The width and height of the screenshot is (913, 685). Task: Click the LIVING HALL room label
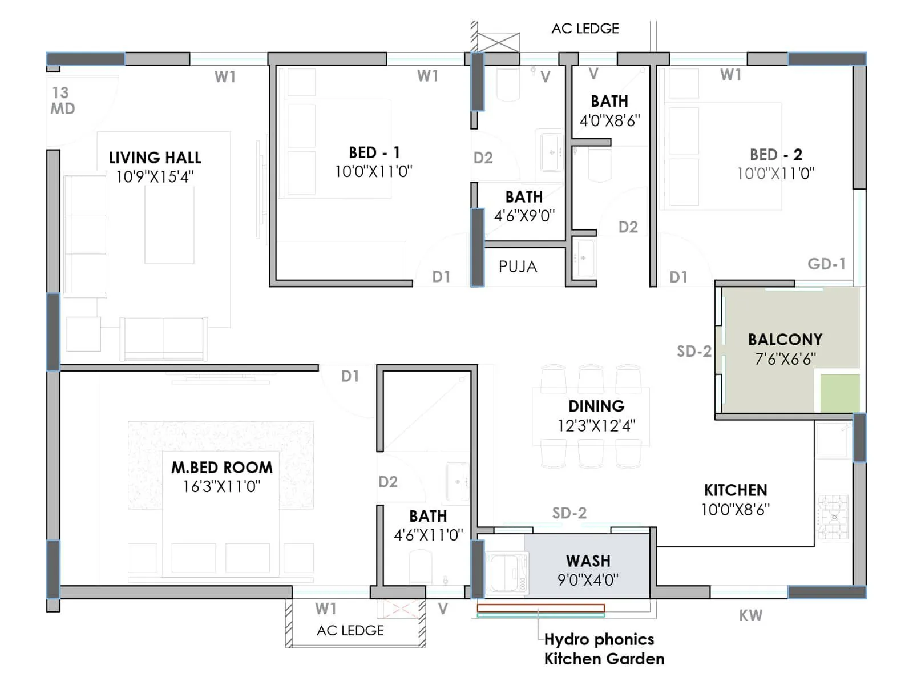coord(155,158)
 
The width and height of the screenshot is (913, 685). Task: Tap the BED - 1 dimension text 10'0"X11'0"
coord(373,171)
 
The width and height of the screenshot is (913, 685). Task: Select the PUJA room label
coord(518,267)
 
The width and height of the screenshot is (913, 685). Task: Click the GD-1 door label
coord(826,264)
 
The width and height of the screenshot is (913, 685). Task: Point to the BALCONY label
coord(785,340)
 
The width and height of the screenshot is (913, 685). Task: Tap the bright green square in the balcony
coord(839,393)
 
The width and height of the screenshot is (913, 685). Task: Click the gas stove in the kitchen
coord(834,517)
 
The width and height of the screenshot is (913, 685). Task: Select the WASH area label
coord(588,561)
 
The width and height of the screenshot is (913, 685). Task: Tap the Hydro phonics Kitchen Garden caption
coord(603,649)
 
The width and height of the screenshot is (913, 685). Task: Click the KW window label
coord(750,615)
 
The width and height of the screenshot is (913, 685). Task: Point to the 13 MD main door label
coord(62,100)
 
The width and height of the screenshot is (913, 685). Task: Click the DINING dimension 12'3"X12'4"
coord(596,425)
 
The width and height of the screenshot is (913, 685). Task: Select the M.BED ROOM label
coord(222,468)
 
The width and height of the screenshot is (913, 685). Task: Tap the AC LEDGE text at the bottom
coord(350,630)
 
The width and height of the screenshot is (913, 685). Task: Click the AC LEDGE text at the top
coord(585,29)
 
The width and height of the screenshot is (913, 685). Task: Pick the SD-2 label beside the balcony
coord(694,351)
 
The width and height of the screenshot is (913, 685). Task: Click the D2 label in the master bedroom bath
coord(388,482)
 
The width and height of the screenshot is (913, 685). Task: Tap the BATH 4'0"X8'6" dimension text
coord(609,120)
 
